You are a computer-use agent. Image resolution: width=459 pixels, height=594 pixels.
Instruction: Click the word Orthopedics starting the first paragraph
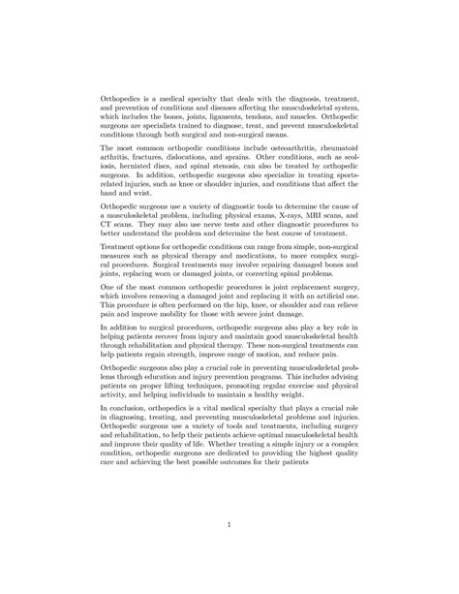(125, 98)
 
